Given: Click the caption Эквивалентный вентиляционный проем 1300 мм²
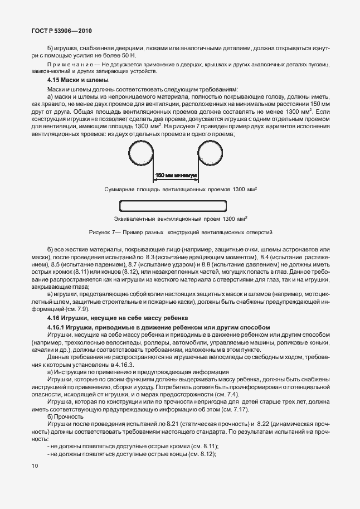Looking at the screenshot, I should tap(180, 219).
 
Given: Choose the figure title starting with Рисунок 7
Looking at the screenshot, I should tap(181, 232).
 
